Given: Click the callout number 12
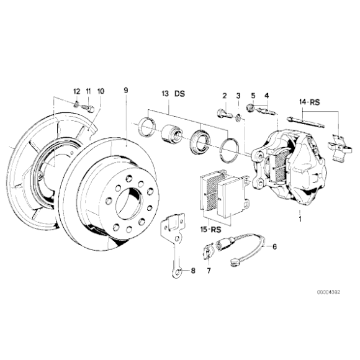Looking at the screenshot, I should [76, 91].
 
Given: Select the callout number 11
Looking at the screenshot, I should [88, 91].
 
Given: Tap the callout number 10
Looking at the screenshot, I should [101, 91].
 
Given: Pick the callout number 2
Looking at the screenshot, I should [225, 95].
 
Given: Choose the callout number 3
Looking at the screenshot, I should [238, 95].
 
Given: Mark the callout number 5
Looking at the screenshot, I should [253, 95].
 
